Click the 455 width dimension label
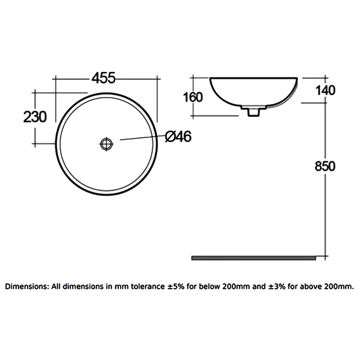tap(104, 77)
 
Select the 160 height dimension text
tap(193, 97)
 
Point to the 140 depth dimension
tap(325, 90)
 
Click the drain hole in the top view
tap(107, 144)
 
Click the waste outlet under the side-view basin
tap(252, 111)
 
